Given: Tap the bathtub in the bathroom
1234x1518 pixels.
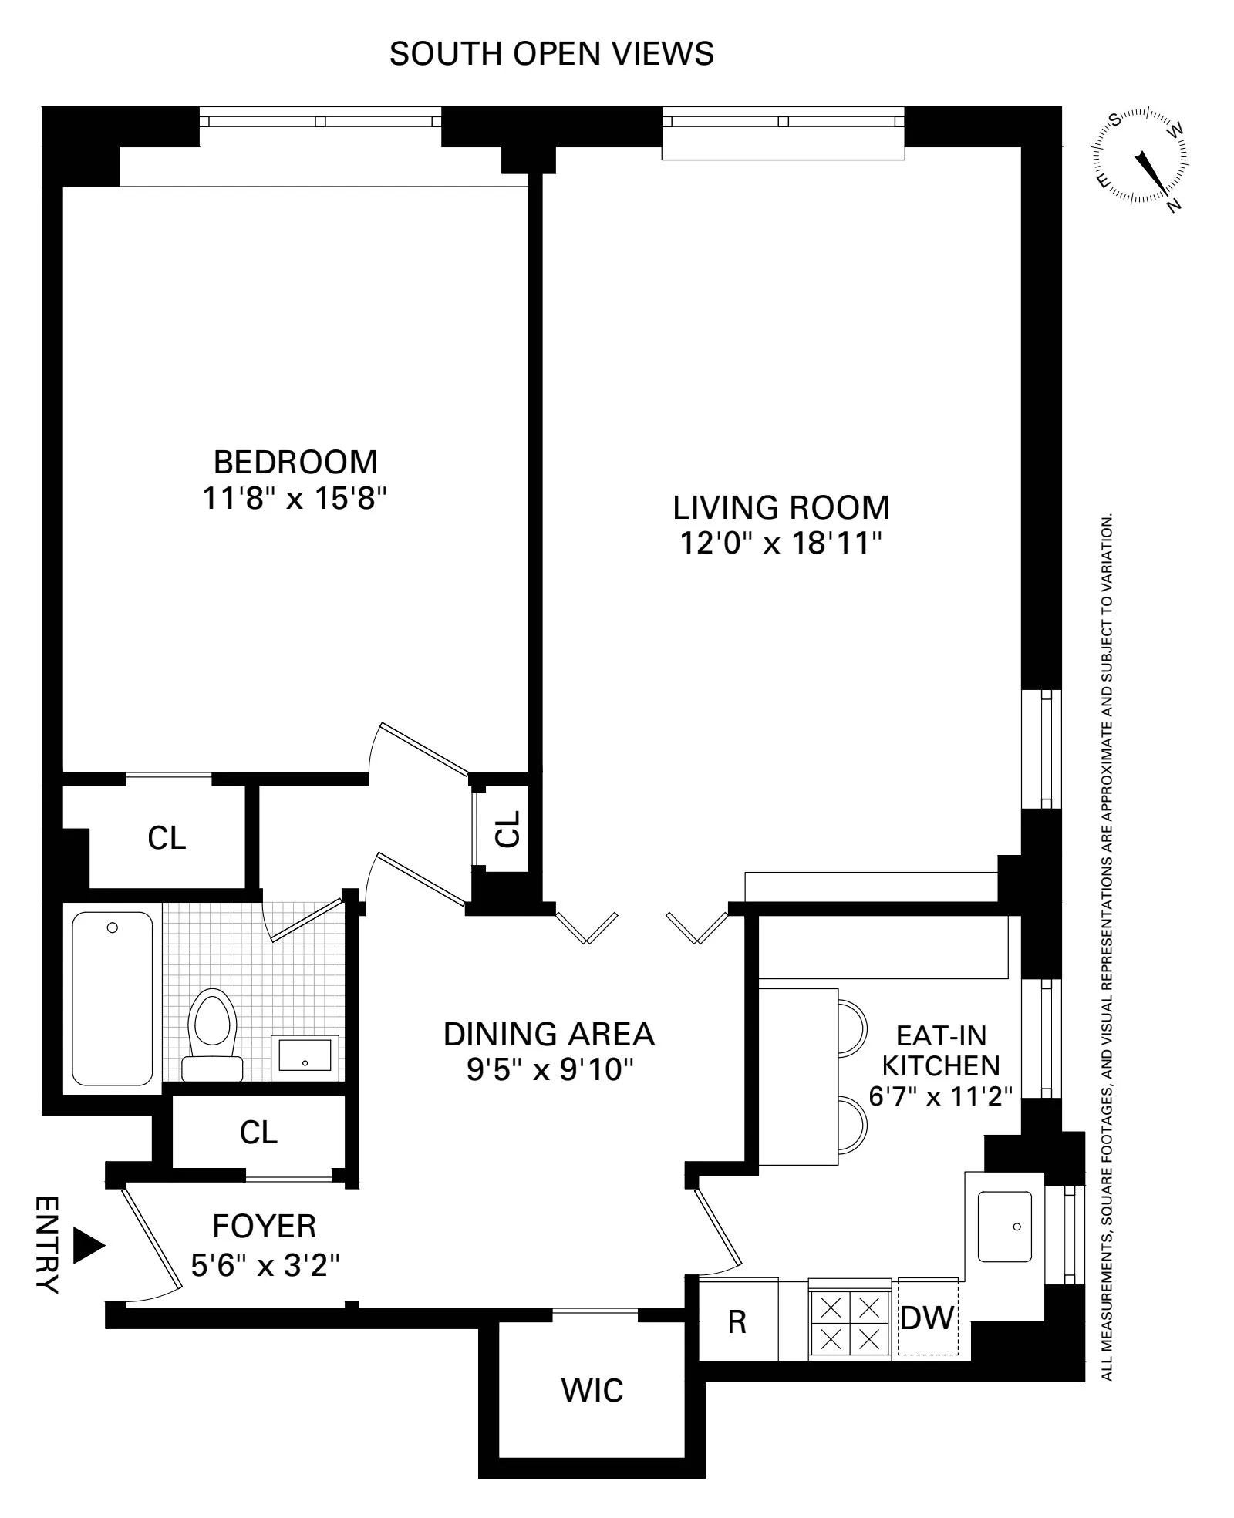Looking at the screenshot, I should point(113,998).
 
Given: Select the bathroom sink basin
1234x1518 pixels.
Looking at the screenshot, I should point(305,1054).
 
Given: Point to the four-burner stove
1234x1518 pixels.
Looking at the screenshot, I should point(850,1319).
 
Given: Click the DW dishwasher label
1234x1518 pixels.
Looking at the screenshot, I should point(927,1318).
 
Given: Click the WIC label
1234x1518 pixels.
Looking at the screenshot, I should point(592,1390).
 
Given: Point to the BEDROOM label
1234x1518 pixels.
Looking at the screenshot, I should point(295,463).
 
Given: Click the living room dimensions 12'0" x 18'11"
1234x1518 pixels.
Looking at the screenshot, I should point(781,544).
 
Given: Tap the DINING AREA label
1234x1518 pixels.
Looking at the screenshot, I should point(549,1034).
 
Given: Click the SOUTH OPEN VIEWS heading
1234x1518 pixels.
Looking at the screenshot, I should point(551,54).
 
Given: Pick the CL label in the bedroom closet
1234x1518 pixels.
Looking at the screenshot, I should point(167,838).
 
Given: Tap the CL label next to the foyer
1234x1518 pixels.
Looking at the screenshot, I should point(258,1133).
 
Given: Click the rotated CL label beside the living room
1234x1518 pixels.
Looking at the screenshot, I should point(507,829).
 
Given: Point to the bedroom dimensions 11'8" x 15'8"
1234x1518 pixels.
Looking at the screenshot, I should point(294,499).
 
